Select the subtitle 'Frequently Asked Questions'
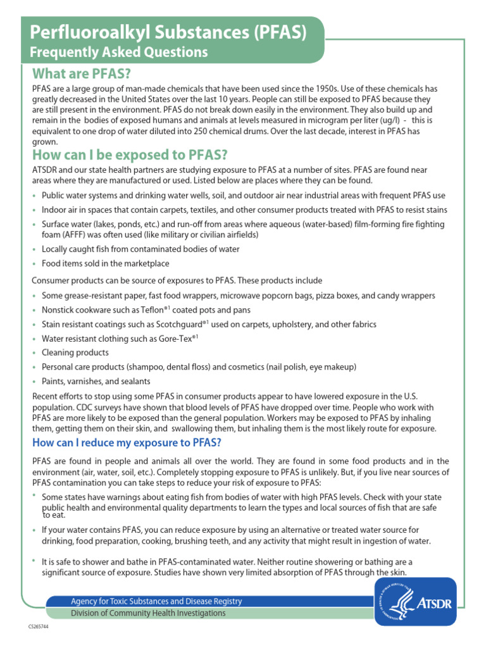click(120, 51)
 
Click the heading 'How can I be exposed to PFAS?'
click(129, 154)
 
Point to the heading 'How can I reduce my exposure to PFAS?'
click(127, 442)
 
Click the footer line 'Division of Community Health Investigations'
click(148, 613)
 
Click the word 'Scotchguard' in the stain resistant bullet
click(169, 324)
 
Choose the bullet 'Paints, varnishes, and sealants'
click(96, 381)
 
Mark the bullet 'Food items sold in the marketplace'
click(106, 263)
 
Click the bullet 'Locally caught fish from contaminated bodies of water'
click(140, 249)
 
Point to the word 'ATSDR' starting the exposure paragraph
click(44, 170)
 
